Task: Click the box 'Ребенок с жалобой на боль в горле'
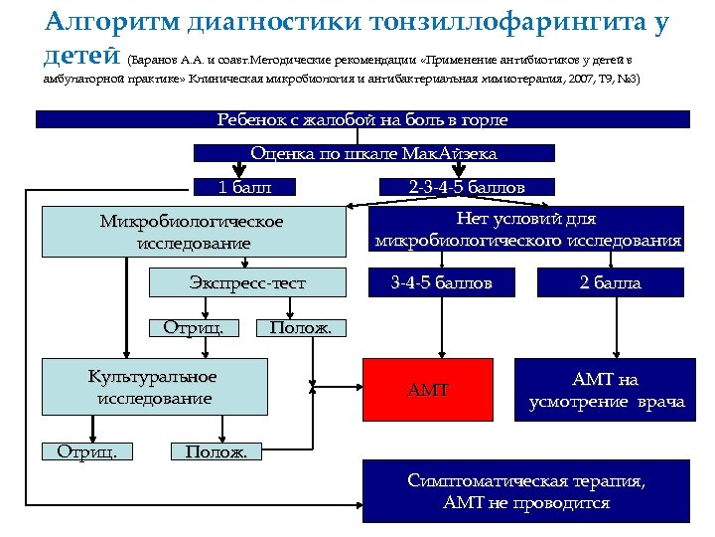362,119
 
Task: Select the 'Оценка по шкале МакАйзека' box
373,153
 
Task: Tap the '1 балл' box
244,186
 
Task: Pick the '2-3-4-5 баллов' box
467,186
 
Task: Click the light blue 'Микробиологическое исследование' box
192,231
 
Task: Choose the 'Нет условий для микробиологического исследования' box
528,229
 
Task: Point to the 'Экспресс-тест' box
247,283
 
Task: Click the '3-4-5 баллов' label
441,283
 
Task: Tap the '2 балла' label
611,283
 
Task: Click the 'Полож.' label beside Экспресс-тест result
302,327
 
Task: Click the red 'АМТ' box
428,390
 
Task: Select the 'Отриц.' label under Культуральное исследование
87,451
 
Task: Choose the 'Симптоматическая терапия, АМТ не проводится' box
525,491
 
